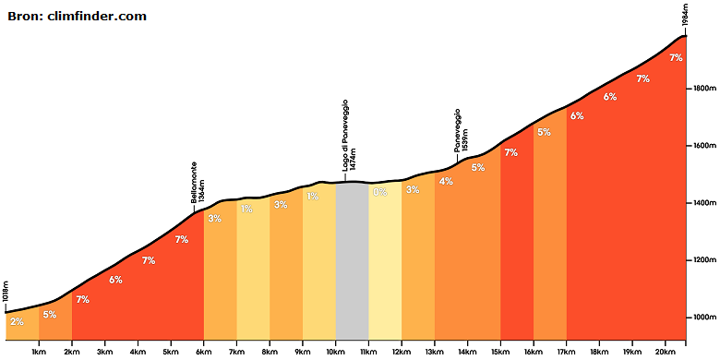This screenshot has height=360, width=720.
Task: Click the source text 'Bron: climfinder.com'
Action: [x=78, y=17]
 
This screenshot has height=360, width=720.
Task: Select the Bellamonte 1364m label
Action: [x=198, y=182]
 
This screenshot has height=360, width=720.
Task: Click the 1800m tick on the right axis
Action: [x=702, y=89]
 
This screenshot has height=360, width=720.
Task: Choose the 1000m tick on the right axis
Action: [x=702, y=318]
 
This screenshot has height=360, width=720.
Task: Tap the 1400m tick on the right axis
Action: [x=702, y=202]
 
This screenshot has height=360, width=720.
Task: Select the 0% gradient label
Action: [x=379, y=192]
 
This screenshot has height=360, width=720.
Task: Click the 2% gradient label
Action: [x=17, y=322]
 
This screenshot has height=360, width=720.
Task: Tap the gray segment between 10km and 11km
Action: [x=352, y=261]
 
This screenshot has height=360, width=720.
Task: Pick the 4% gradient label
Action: [x=446, y=181]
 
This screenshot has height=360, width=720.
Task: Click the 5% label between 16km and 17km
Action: [x=544, y=132]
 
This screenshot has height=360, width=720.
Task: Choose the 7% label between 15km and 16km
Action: [x=511, y=152]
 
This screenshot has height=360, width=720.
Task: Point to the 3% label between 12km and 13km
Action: [x=413, y=189]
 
